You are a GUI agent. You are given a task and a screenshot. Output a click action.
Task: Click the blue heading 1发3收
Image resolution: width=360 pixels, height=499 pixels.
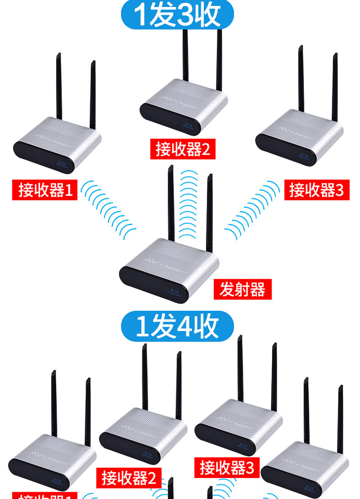[177, 15]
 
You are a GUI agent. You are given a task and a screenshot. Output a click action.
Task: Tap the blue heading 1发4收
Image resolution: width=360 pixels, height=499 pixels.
[177, 326]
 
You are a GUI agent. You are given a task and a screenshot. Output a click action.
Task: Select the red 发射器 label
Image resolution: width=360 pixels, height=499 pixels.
[242, 289]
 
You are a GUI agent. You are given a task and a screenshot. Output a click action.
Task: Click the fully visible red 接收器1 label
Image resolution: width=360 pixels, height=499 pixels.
[45, 190]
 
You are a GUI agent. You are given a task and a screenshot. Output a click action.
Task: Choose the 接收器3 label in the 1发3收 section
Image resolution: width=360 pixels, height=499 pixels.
[316, 190]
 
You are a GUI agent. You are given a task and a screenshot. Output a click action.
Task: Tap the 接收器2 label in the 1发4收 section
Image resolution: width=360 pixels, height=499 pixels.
[129, 478]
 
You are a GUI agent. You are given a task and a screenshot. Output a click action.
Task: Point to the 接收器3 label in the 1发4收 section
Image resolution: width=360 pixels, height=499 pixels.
[226, 468]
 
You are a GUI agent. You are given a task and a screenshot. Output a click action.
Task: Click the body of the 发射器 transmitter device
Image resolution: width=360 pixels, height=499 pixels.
[169, 269]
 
